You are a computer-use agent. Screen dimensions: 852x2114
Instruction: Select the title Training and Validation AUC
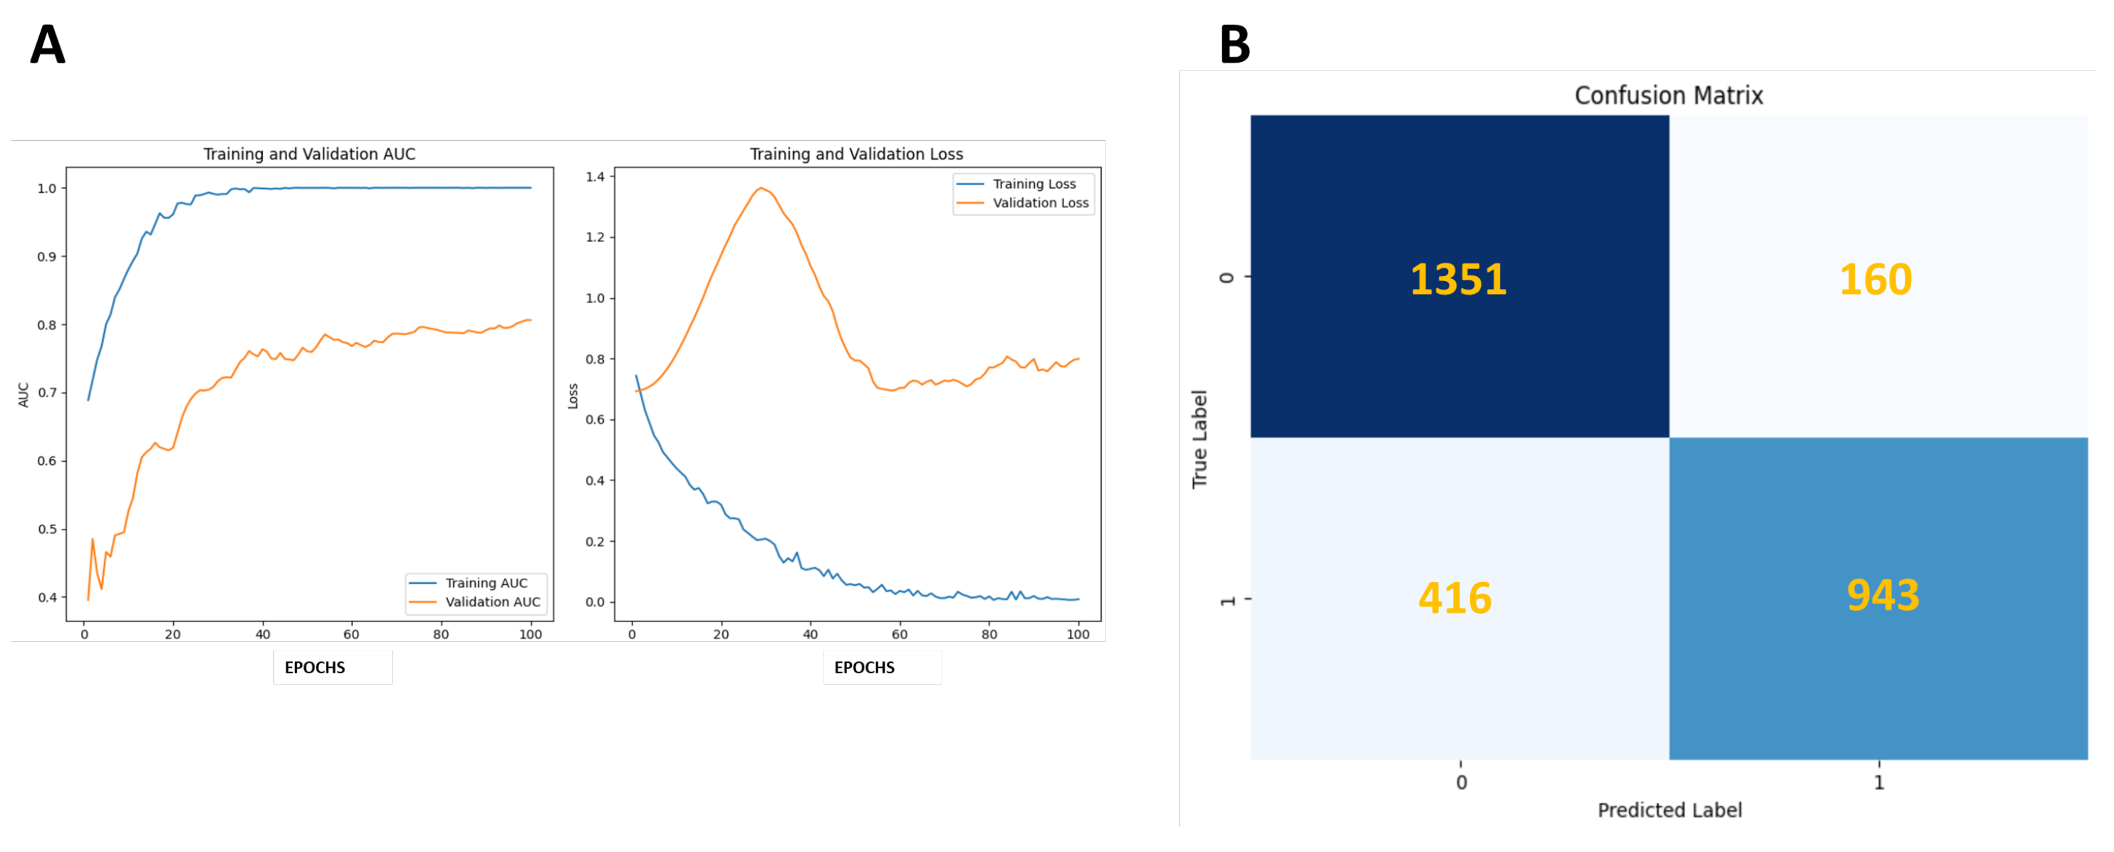pyautogui.click(x=309, y=154)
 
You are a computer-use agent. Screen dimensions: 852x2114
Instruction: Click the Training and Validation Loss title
pyautogui.click(x=856, y=154)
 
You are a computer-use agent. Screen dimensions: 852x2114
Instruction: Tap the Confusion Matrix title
pyautogui.click(x=1668, y=96)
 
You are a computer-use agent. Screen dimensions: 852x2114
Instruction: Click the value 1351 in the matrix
pyautogui.click(x=1458, y=280)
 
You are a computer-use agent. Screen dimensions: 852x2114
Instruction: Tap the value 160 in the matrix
pyautogui.click(x=1875, y=280)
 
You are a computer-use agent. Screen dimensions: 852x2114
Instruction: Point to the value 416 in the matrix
pyautogui.click(x=1455, y=598)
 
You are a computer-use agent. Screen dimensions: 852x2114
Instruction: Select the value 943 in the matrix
pyautogui.click(x=1883, y=595)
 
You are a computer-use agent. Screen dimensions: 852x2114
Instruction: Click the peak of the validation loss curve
pyautogui.click(x=761, y=189)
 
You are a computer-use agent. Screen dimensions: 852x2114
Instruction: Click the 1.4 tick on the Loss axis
pyautogui.click(x=595, y=177)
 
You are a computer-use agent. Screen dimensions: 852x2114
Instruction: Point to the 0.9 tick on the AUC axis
pyautogui.click(x=47, y=257)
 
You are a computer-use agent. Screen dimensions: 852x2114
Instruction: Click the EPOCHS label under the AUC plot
pyautogui.click(x=315, y=668)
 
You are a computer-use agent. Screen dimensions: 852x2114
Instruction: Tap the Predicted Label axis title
pyautogui.click(x=1670, y=810)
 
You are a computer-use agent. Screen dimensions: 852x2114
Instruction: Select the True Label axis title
pyautogui.click(x=1199, y=438)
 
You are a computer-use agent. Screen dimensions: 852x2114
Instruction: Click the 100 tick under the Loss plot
pyautogui.click(x=1078, y=635)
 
